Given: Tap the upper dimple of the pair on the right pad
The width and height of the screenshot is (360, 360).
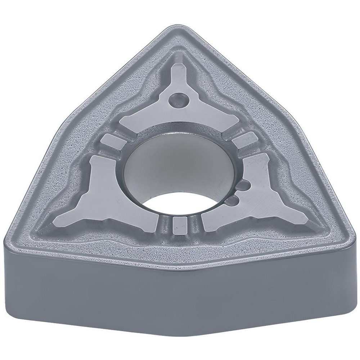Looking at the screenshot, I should pos(243,186).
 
